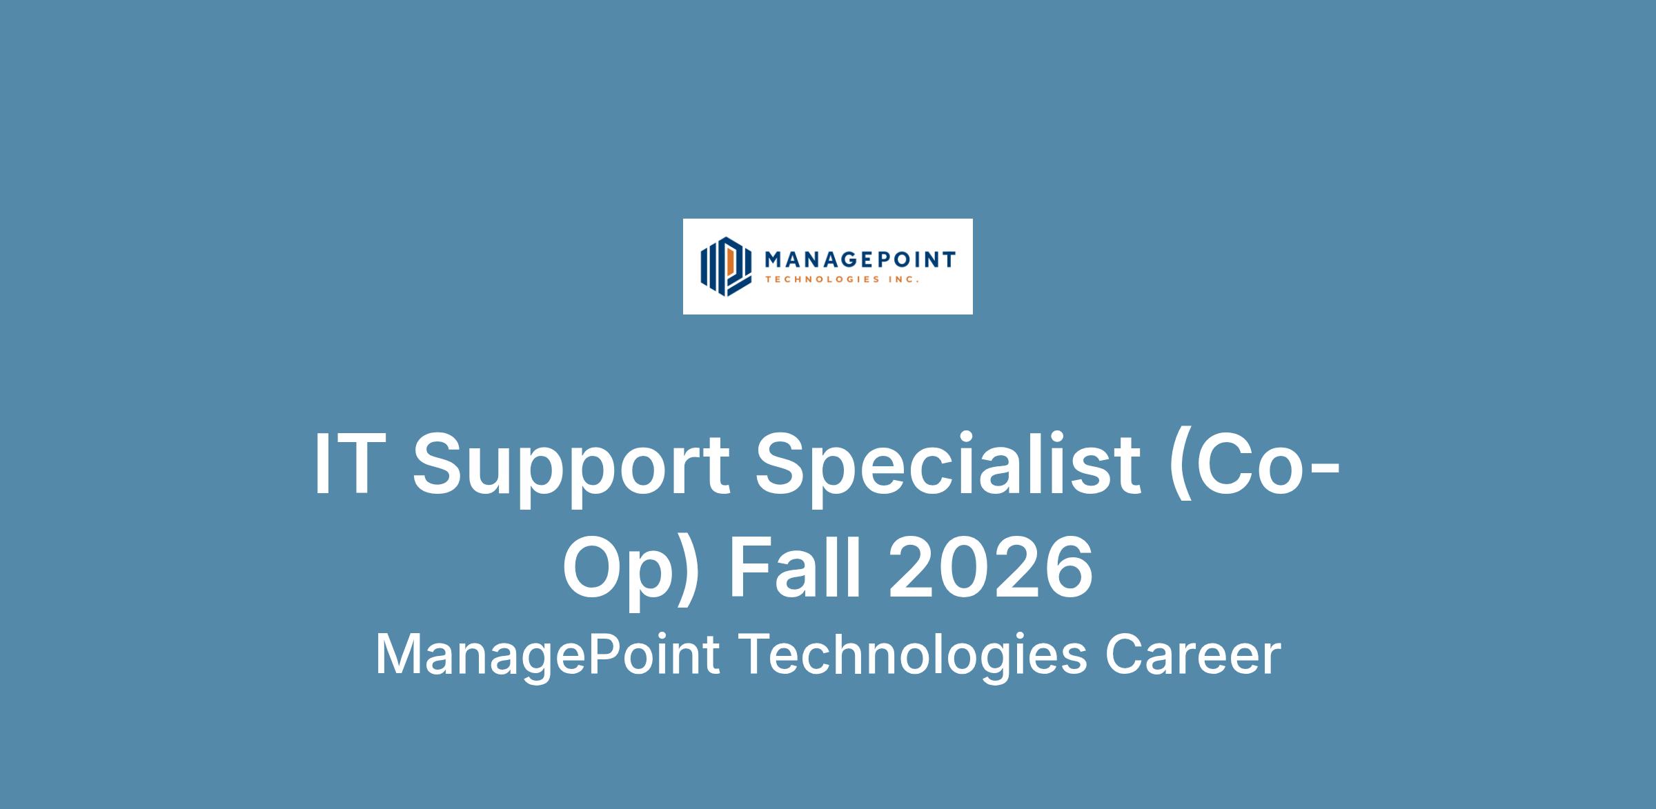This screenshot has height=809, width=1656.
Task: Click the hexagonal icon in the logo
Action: (x=725, y=266)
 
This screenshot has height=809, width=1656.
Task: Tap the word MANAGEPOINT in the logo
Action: (x=860, y=260)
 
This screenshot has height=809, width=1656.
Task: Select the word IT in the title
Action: (x=348, y=465)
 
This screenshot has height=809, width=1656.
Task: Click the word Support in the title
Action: (x=571, y=472)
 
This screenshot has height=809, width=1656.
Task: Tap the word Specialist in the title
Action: (x=948, y=472)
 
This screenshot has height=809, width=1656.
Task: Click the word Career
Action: (x=1193, y=655)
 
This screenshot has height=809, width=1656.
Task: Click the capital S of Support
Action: (x=437, y=465)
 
